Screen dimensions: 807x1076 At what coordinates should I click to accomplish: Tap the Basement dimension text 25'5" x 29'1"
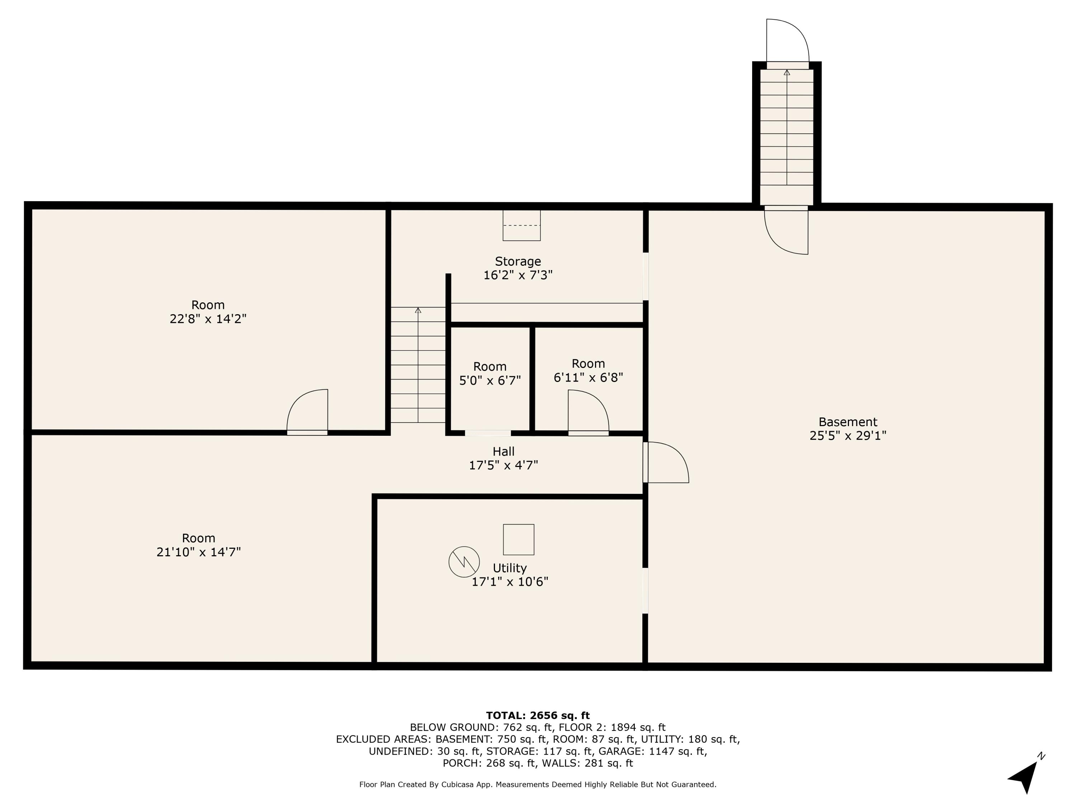pos(848,435)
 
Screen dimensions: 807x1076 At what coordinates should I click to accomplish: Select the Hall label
pos(504,452)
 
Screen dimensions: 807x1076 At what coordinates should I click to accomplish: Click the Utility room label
pos(509,568)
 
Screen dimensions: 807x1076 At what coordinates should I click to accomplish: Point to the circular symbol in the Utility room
pos(464,562)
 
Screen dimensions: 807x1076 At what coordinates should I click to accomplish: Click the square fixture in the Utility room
pos(519,539)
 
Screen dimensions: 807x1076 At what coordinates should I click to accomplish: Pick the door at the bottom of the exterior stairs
pos(787,230)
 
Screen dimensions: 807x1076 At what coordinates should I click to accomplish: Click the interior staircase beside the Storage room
pos(418,365)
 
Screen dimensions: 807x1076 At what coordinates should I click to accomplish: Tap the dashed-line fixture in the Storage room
pos(522,226)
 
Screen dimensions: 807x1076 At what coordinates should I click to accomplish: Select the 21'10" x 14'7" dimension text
pos(198,552)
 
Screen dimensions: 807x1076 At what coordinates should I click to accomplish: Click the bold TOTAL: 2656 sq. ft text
pos(538,716)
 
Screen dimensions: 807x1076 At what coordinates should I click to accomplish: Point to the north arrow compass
pos(1025,775)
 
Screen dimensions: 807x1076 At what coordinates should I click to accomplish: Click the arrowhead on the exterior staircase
pos(787,73)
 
